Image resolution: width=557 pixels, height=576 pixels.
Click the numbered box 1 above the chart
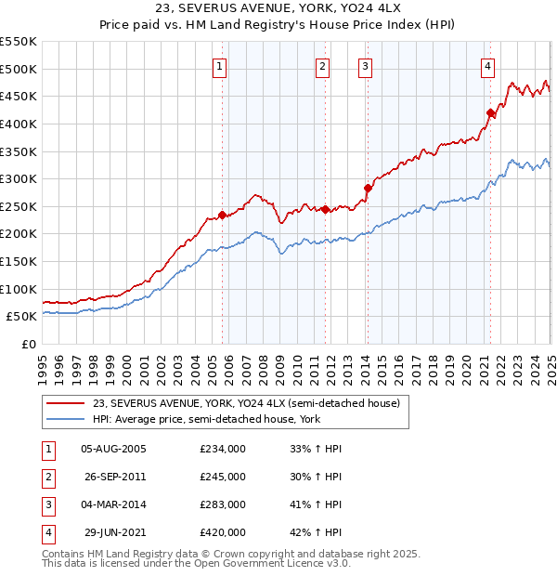(x=219, y=66)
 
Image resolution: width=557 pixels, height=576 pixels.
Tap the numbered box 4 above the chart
(x=487, y=66)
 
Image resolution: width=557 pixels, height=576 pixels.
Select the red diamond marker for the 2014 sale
(x=368, y=189)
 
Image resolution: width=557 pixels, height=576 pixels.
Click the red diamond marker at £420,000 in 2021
(x=491, y=113)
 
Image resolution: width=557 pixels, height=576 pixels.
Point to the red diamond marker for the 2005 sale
(x=222, y=215)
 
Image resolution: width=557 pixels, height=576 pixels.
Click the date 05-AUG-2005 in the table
(x=113, y=449)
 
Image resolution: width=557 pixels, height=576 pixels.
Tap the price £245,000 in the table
(x=222, y=477)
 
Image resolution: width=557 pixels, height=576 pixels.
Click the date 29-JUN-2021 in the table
(x=113, y=532)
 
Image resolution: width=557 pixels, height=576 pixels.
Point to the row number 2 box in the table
(x=47, y=477)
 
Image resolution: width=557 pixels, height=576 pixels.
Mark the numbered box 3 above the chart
(x=366, y=66)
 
